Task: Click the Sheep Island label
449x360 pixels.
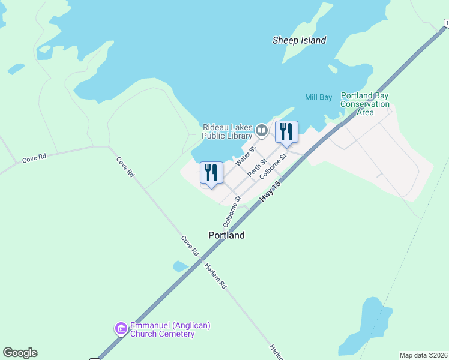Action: point(299,41)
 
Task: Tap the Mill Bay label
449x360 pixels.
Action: point(318,97)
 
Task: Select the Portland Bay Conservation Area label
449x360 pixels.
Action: point(365,104)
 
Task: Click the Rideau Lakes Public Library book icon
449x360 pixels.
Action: point(262,130)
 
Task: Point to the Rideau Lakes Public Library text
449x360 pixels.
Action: point(228,131)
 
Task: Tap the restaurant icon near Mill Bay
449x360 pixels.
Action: point(286,131)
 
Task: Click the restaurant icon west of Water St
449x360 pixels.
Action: point(211,172)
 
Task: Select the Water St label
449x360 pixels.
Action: point(246,156)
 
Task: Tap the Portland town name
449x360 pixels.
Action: point(226,235)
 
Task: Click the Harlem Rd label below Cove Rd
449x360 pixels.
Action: point(214,276)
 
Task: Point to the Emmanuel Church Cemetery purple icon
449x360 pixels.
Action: point(121,328)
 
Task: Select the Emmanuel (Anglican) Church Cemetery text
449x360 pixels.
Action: point(163,329)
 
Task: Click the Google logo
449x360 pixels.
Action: point(20,352)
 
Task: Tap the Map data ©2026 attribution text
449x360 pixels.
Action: point(423,355)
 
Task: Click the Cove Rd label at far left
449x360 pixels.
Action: point(34,159)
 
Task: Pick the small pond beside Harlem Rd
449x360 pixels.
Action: point(180,266)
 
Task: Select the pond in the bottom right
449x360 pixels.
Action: point(364,327)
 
